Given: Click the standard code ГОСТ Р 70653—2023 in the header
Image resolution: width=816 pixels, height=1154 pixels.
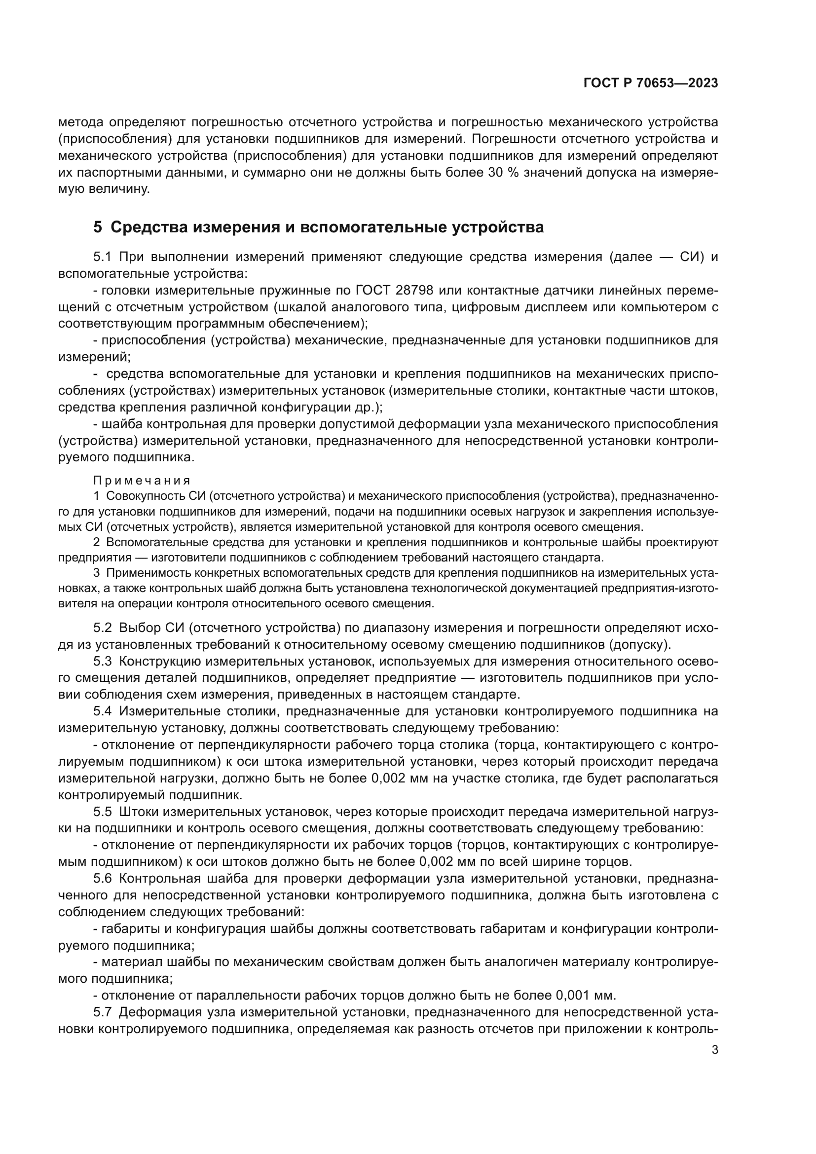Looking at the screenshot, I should click(x=651, y=83).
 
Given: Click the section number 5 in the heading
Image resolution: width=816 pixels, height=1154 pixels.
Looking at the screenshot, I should click(x=98, y=227).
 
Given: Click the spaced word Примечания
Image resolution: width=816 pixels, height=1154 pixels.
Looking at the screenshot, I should click(x=142, y=481).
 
